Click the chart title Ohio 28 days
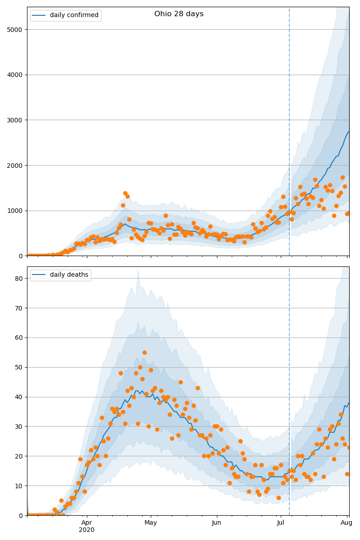pyautogui.click(x=179, y=14)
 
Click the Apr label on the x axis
pyautogui.click(x=86, y=522)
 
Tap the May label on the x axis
pyautogui.click(x=151, y=522)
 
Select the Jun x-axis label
pyautogui.click(x=216, y=522)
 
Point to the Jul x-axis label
pyautogui.click(x=281, y=522)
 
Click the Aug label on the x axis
pyautogui.click(x=346, y=522)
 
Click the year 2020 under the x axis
pyautogui.click(x=86, y=530)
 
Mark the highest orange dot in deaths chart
pyautogui.click(x=144, y=352)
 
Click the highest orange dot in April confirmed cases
pyautogui.click(x=125, y=193)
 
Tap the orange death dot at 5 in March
pyautogui.click(x=61, y=500)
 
